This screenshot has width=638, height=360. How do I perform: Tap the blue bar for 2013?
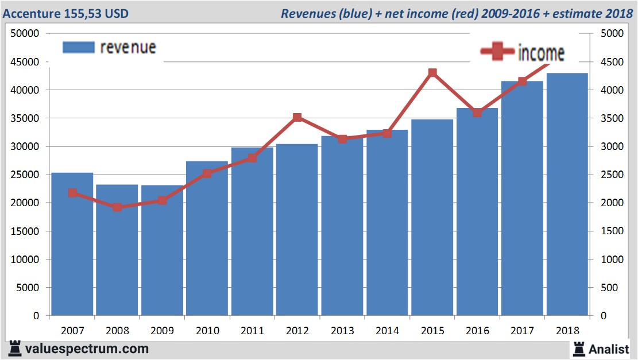[342, 230]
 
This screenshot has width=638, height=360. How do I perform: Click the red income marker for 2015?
[432, 73]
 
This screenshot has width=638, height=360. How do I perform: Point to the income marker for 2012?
[297, 118]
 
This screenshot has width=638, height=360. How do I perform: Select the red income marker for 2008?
[117, 207]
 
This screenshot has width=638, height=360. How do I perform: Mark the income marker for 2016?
[477, 113]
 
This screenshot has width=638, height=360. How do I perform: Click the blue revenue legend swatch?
[78, 48]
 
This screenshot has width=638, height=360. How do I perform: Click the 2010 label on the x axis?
[207, 331]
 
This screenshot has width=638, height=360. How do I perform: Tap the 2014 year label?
[387, 331]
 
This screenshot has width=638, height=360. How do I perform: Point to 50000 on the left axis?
[25, 33]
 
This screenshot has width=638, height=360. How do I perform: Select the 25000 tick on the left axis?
[25, 175]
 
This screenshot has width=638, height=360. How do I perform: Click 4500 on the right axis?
[611, 61]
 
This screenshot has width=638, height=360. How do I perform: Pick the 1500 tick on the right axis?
[611, 231]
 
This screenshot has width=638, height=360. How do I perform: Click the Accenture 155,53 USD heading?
[66, 13]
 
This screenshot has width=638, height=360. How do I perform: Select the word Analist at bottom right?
[609, 349]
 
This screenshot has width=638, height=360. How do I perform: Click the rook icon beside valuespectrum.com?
[14, 349]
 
